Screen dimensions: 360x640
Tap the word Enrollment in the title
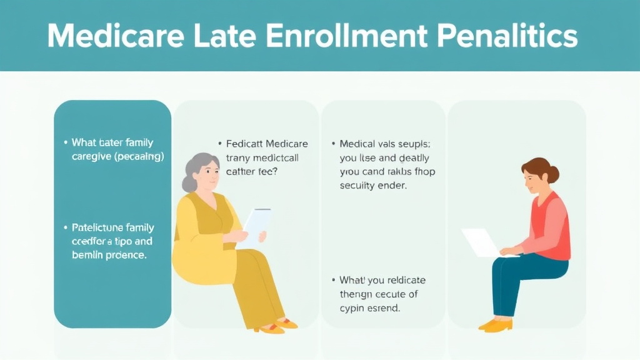(346, 36)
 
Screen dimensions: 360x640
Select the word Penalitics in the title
(507, 36)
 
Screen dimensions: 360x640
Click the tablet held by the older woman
(256, 225)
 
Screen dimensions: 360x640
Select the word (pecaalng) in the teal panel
(138, 157)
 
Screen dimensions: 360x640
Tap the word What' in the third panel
(354, 280)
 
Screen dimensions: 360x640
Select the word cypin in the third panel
(354, 308)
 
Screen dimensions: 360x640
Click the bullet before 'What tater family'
(66, 143)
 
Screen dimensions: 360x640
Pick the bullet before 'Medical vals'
(333, 144)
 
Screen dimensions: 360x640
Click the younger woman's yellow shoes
(496, 324)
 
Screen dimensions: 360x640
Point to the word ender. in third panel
(392, 186)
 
